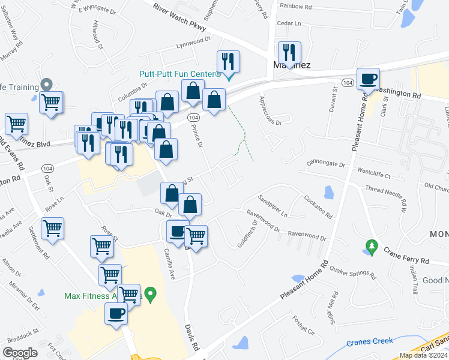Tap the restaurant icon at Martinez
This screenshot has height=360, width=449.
tap(289, 53)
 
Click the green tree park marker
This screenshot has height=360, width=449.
tap(372, 246)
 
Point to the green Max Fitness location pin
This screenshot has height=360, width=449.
tap(151, 295)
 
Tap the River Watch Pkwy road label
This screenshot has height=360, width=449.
tap(179, 18)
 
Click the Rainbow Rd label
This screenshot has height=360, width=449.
tap(295, 7)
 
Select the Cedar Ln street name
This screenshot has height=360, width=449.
tap(288, 23)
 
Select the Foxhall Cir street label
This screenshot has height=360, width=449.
tap(303, 324)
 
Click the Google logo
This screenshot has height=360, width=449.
tap(20, 353)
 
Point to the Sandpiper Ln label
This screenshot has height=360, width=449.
tap(273, 206)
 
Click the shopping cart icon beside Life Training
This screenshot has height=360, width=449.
tap(51, 102)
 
